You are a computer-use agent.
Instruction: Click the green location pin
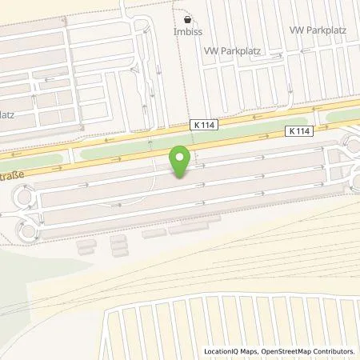[181, 161]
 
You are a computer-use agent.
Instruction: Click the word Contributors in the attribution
[337, 351]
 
